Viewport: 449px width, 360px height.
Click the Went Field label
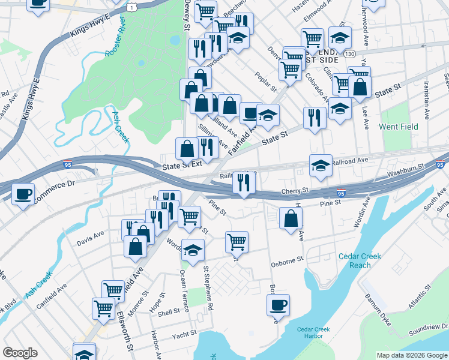point(398,127)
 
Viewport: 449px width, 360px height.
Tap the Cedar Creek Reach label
point(360,260)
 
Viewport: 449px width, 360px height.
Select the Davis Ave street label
point(90,243)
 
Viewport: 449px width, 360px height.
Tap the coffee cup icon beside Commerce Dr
point(23,194)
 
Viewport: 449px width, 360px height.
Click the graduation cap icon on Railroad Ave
point(321,165)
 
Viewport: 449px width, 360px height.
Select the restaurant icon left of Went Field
point(315,118)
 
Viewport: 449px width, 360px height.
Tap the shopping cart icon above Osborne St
point(237,242)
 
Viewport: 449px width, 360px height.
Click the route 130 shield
point(349,54)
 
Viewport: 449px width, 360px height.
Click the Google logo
point(20,352)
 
